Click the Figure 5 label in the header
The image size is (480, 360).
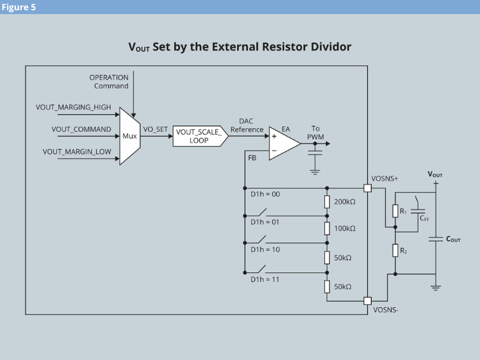[x=19, y=7]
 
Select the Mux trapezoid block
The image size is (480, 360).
[x=130, y=136]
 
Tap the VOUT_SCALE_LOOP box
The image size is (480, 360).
[x=199, y=136]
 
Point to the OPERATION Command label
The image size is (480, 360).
[x=109, y=81]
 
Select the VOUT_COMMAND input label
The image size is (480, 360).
[x=81, y=129]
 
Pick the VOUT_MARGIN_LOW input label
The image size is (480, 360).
[x=77, y=152]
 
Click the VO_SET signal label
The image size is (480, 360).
[x=155, y=129]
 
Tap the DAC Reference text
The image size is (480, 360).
[x=247, y=125]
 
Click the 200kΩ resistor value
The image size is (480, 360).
[x=345, y=202]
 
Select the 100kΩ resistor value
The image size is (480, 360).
[x=345, y=229]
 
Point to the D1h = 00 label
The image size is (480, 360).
[x=265, y=193]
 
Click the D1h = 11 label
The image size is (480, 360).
[x=265, y=280]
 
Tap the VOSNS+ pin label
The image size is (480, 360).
[x=385, y=179]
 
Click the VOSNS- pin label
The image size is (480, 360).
[x=385, y=310]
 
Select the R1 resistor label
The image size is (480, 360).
[x=403, y=211]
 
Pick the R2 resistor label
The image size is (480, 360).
[x=404, y=251]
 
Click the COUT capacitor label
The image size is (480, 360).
[x=452, y=240]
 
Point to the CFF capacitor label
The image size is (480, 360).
[x=424, y=218]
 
